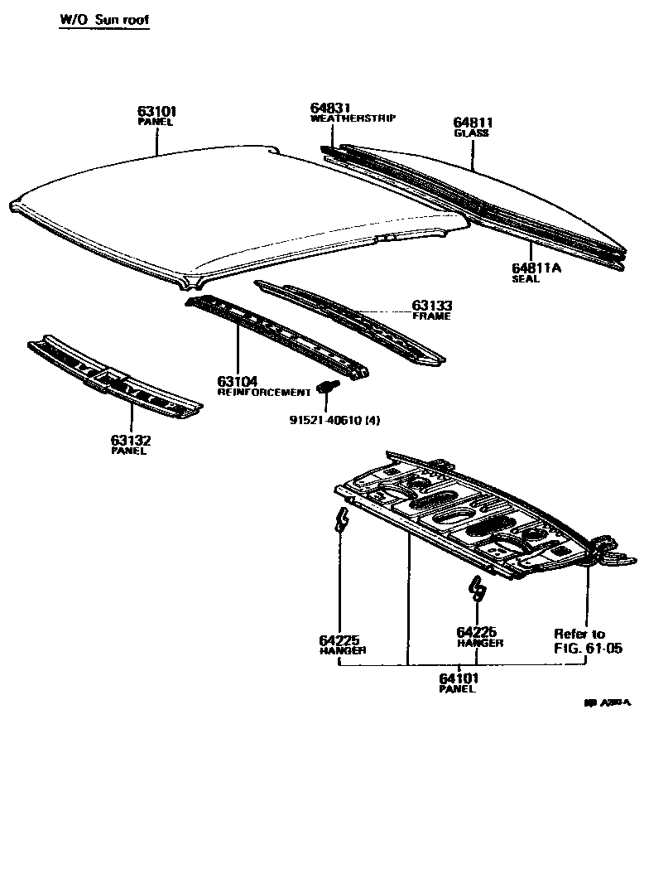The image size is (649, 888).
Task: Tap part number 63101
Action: point(156,111)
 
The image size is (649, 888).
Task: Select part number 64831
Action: point(331,108)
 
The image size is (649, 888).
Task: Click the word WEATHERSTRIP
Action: point(353,118)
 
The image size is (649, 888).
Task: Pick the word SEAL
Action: point(525,279)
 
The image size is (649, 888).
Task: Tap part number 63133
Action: point(432,306)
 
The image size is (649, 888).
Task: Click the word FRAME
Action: point(431,316)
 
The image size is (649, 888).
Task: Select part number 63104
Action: point(238,381)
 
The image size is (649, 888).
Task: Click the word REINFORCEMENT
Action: point(263,392)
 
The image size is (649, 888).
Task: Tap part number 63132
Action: point(130,440)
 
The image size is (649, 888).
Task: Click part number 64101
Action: point(459,678)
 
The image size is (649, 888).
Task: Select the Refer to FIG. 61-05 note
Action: point(587,640)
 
